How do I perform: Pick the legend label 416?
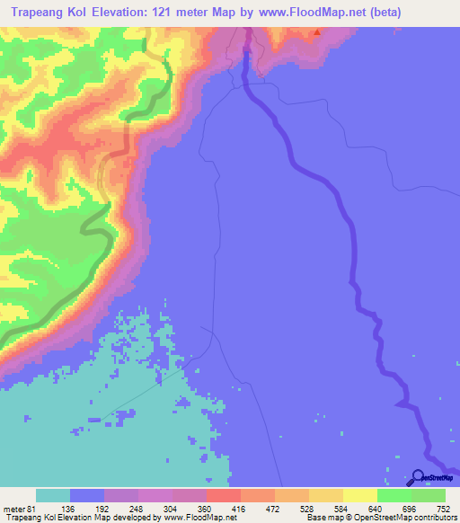pyautogui.click(x=240, y=508)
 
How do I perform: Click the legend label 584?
pyautogui.click(x=341, y=508)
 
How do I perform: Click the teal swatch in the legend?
pyautogui.click(x=53, y=495)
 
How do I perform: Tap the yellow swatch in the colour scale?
pyautogui.click(x=359, y=495)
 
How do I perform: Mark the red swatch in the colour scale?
pyautogui.click(x=223, y=495)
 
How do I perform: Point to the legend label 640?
pyautogui.click(x=376, y=508)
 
